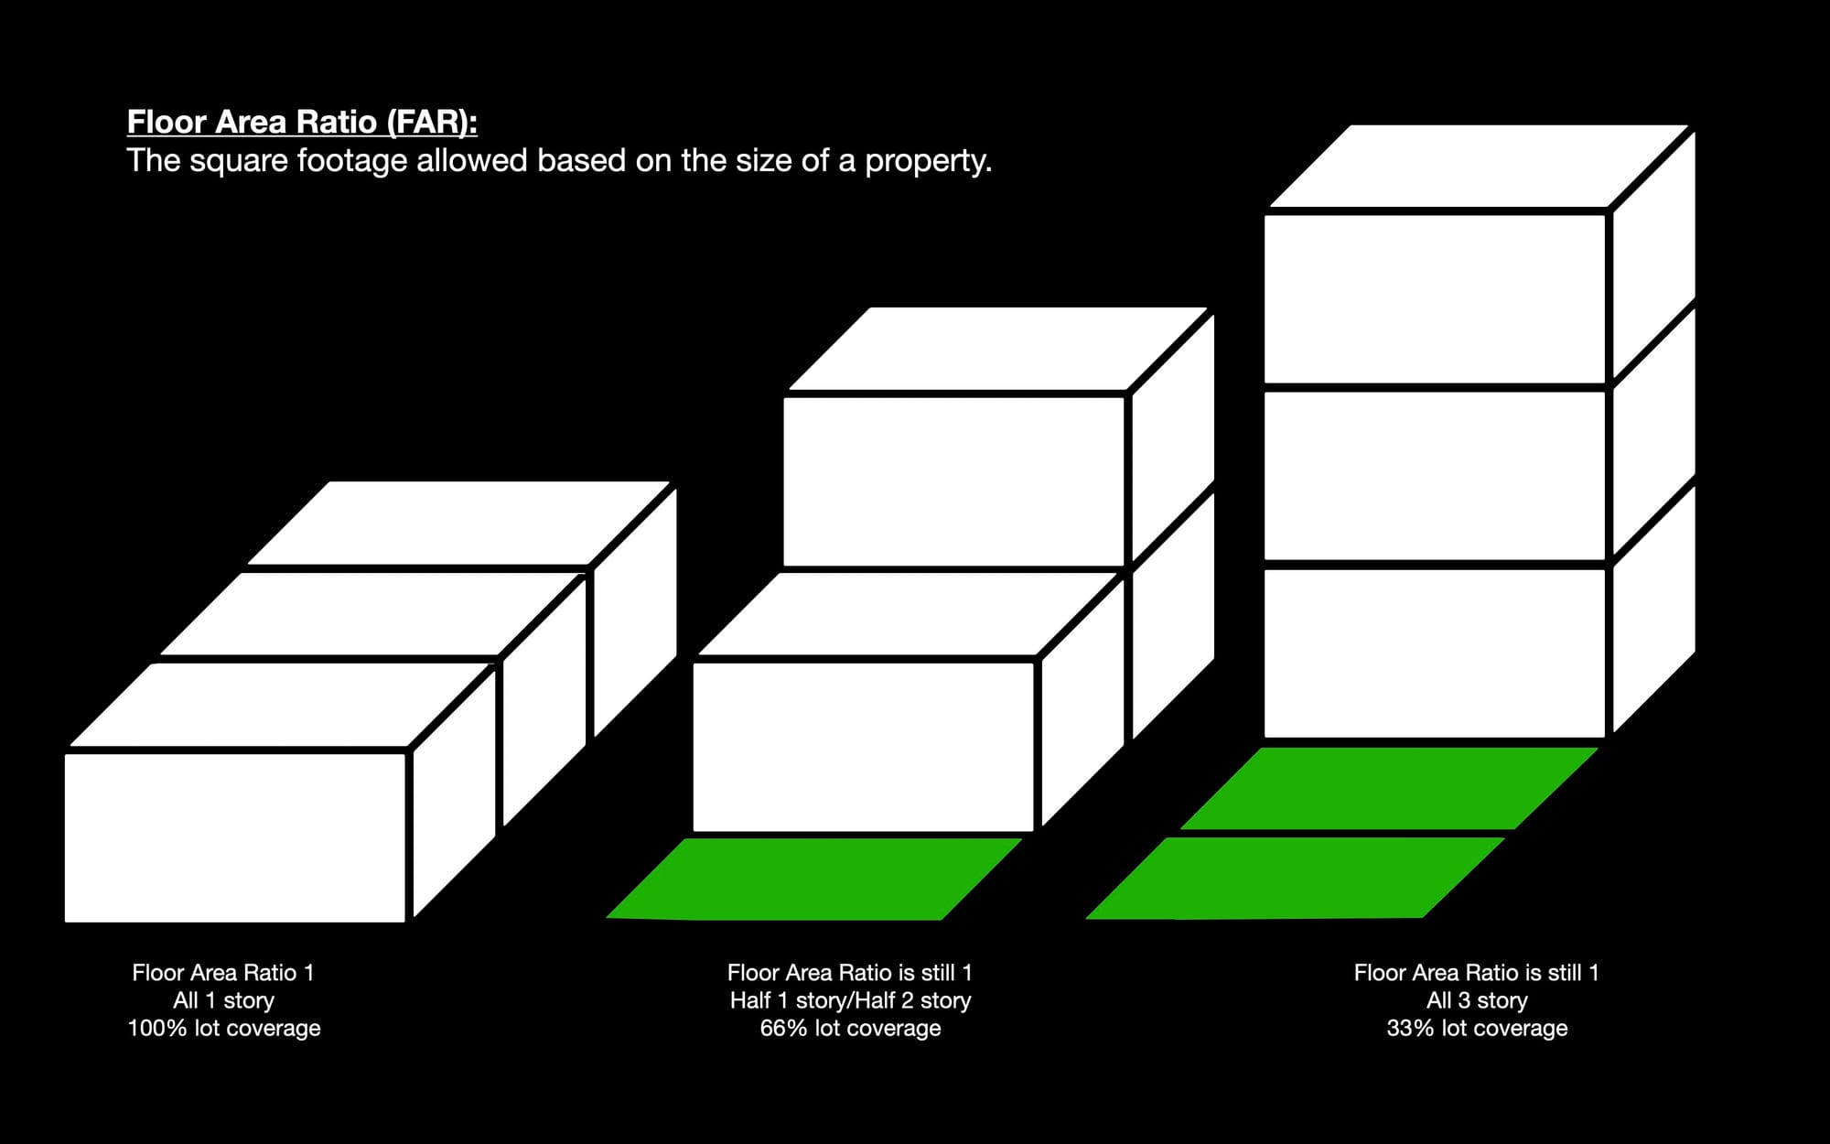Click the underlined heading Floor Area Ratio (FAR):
[302, 122]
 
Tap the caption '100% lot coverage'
[224, 1028]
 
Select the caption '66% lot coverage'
[850, 1028]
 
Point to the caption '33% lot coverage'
[1477, 1028]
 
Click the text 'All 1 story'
[224, 1000]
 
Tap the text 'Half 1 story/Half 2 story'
[850, 1000]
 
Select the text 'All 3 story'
[1477, 1000]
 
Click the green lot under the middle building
[814, 879]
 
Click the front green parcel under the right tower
[1295, 878]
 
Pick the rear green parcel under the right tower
[1389, 788]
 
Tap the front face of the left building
[235, 836]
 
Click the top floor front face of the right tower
[1435, 298]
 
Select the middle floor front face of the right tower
[1435, 475]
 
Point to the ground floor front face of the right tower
[1435, 653]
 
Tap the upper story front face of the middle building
[954, 481]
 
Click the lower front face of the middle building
[864, 747]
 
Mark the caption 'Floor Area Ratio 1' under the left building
[224, 972]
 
